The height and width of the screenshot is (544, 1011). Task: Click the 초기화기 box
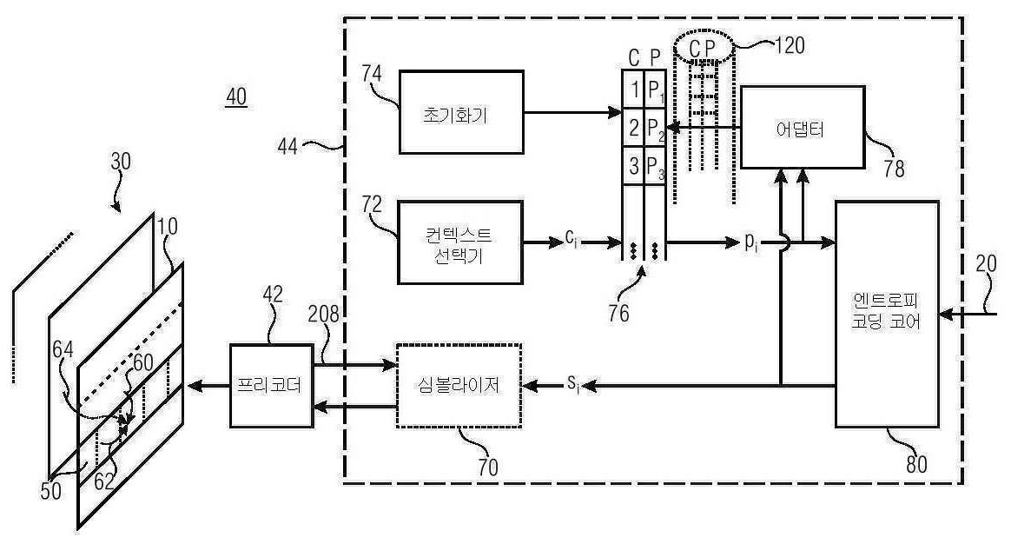(461, 113)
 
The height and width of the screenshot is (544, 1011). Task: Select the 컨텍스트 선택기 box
(460, 242)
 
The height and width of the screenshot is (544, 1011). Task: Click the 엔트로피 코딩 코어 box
(886, 314)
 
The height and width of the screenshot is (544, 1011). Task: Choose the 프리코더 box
(271, 384)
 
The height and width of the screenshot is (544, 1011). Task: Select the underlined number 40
(235, 97)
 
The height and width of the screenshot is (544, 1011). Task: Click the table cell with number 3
(633, 166)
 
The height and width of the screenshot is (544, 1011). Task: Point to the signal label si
(572, 383)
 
